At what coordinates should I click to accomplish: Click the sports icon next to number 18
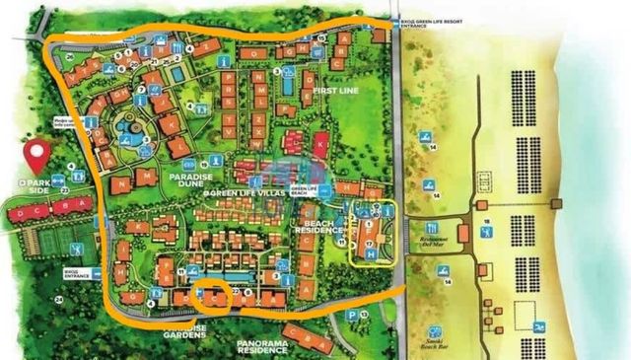click(486, 233)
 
